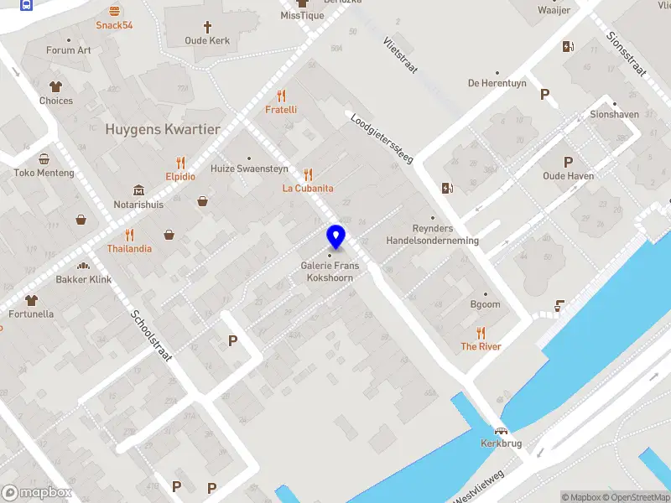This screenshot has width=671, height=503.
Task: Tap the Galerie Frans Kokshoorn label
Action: pos(330,271)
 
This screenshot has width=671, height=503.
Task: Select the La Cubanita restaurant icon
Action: pos(308,174)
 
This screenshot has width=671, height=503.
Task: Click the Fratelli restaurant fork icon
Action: pos(281,96)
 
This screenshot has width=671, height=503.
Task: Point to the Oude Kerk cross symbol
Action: pos(206,26)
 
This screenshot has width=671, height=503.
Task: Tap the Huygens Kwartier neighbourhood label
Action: pos(163,130)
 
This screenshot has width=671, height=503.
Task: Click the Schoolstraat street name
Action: pos(151,336)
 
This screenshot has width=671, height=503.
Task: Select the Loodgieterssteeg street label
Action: pos(380,138)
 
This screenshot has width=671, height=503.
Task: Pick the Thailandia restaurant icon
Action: pos(129,235)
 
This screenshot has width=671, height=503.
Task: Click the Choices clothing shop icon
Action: pos(56,86)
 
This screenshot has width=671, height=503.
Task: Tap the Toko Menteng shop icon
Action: pos(44,158)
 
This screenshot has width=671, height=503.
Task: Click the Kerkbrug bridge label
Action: pos(502,443)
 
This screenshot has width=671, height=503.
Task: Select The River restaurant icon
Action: pos(481,332)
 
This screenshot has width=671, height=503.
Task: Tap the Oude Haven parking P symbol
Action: pos(569,162)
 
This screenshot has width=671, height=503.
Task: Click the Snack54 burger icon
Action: pos(114,11)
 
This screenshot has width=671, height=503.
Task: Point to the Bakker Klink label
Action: pos(84,279)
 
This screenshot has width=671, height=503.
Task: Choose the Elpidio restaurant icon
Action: pos(180,163)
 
